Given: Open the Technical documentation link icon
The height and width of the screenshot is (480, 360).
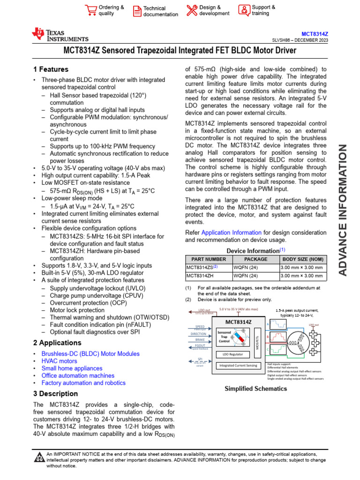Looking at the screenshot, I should tap(137, 11).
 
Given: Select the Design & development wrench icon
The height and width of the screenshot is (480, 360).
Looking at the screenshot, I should tap(192, 10).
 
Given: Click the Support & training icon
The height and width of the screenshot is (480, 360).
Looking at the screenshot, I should tap(244, 10).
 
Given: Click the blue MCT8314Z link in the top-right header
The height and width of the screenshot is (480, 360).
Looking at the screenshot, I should tap(315, 34).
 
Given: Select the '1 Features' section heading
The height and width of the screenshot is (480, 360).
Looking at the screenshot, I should tap(51, 69).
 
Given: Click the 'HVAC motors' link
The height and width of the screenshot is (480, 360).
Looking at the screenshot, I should tap(59, 361).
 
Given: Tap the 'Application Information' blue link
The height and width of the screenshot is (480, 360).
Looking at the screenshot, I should tap(231, 232).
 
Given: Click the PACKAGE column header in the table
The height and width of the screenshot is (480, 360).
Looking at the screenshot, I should tap(255, 259).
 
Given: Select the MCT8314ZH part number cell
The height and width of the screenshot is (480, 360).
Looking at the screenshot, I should tap(200, 276).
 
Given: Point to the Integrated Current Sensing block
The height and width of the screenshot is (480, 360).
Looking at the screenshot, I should tap(238, 365).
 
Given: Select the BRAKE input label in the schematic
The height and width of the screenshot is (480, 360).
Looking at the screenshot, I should tap(200, 339).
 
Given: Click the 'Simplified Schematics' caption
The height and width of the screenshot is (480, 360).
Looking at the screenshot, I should tap(255, 389).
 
